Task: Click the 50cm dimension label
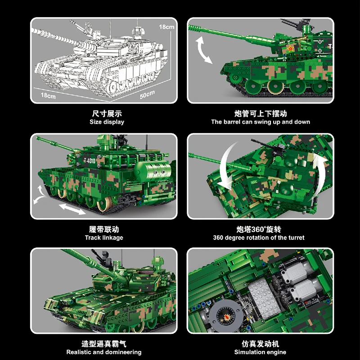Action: point(147,94)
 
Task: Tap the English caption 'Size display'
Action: point(107,122)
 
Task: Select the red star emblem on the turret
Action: point(290,49)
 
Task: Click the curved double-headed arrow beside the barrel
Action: point(203,50)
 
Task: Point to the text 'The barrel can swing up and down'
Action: point(261,122)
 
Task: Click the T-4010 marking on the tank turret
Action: point(90,161)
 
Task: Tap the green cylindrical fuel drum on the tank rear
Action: point(153,171)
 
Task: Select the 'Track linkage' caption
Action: point(104,238)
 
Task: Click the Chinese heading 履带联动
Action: point(104,229)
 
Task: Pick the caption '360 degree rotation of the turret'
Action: point(259,238)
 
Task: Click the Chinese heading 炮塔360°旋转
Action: point(259,229)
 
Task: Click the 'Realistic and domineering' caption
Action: point(104,352)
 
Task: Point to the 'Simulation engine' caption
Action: point(260,352)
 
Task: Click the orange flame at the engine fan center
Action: point(226,317)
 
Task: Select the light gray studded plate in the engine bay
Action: point(264,298)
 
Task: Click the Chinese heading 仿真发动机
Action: point(260,344)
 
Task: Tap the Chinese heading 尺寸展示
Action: point(107,114)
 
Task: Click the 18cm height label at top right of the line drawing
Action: point(166,27)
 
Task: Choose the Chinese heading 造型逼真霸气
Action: point(104,344)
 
